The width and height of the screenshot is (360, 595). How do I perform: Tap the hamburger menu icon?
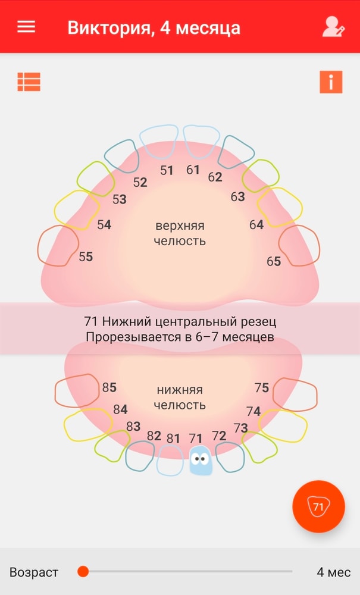tap(26, 27)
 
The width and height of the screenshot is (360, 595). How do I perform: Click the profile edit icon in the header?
tap(333, 27)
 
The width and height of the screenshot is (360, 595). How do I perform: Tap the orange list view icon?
tap(29, 82)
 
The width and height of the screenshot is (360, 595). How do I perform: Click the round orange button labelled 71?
tap(319, 506)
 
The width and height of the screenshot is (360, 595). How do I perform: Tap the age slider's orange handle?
tap(83, 571)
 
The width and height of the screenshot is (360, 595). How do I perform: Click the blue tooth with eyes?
tap(201, 461)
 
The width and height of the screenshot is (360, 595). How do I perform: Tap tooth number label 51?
tap(167, 170)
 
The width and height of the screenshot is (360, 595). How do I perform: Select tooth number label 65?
tap(274, 261)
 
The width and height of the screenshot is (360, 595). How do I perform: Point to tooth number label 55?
tap(86, 257)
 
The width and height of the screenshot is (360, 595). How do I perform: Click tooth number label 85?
tap(109, 387)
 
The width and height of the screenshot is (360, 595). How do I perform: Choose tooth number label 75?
tap(262, 388)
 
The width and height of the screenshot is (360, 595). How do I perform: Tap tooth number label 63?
tap(238, 196)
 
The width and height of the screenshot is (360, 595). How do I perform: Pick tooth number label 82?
tap(154, 436)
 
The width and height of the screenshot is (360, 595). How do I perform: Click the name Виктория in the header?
tap(111, 29)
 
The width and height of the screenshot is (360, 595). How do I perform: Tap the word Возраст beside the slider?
tap(34, 572)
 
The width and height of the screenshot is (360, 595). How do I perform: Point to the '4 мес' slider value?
tap(334, 572)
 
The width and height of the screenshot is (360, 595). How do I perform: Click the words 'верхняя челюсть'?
tap(180, 233)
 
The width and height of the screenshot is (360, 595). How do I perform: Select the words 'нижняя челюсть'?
tap(180, 397)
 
